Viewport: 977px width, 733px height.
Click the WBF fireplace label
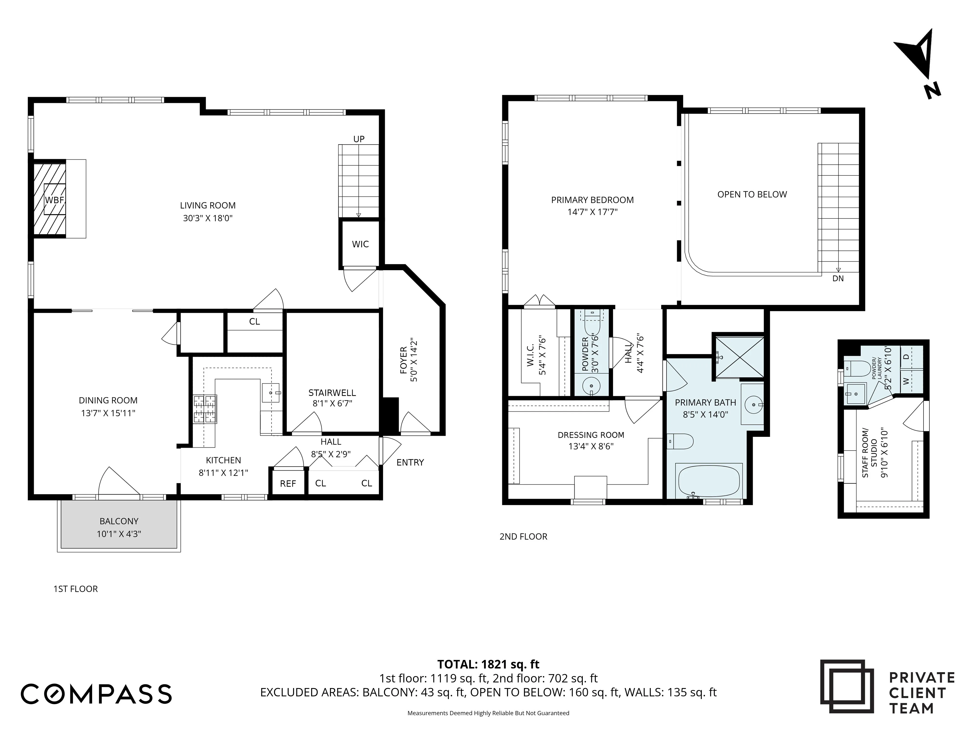pos(55,200)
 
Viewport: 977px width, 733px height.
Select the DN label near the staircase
pos(838,278)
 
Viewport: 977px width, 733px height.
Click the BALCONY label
pos(119,521)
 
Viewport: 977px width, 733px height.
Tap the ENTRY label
pos(410,462)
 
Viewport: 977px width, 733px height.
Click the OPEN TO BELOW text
pos(752,194)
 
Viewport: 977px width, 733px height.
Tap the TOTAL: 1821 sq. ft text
pos(488,664)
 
